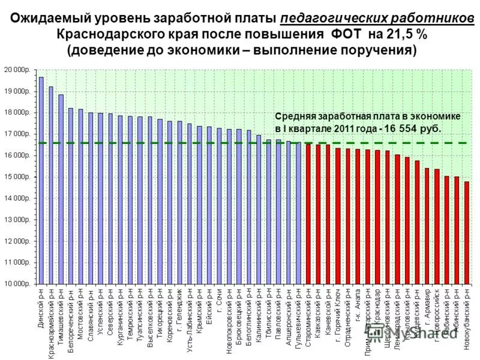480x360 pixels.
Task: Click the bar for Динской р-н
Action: pyautogui.click(x=41, y=180)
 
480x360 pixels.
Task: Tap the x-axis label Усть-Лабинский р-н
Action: pyautogui.click(x=190, y=320)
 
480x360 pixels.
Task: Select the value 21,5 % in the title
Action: pyautogui.click(x=406, y=34)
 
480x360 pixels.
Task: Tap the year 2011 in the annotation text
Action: pyautogui.click(x=332, y=128)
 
